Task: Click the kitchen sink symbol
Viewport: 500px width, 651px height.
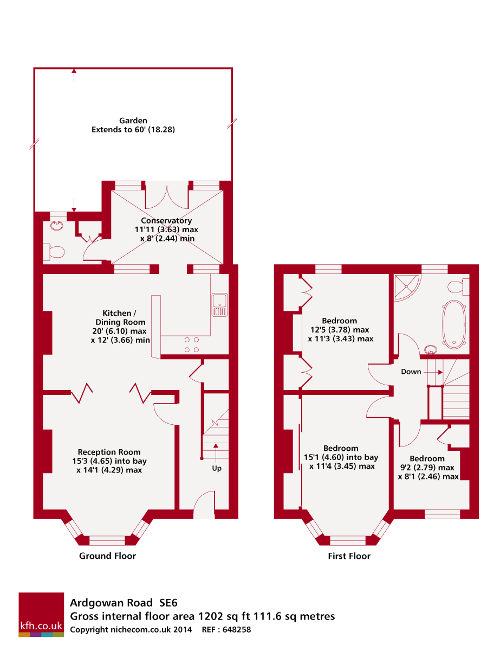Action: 219,304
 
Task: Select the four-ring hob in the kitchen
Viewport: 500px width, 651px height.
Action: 192,344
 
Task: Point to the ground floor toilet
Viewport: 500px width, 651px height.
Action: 53,252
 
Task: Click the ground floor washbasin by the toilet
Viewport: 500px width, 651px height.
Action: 56,225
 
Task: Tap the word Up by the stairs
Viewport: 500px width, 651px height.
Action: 217,468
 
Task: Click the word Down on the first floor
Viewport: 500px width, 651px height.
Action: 411,372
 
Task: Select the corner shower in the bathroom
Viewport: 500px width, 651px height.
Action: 407,287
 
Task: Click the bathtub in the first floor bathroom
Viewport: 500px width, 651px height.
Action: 454,324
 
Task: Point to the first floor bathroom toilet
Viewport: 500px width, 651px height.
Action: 458,286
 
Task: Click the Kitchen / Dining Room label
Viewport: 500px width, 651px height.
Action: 120,327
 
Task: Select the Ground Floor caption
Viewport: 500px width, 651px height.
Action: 107,556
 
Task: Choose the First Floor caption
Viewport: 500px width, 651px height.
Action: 349,556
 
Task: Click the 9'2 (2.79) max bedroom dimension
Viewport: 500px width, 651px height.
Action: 427,467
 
